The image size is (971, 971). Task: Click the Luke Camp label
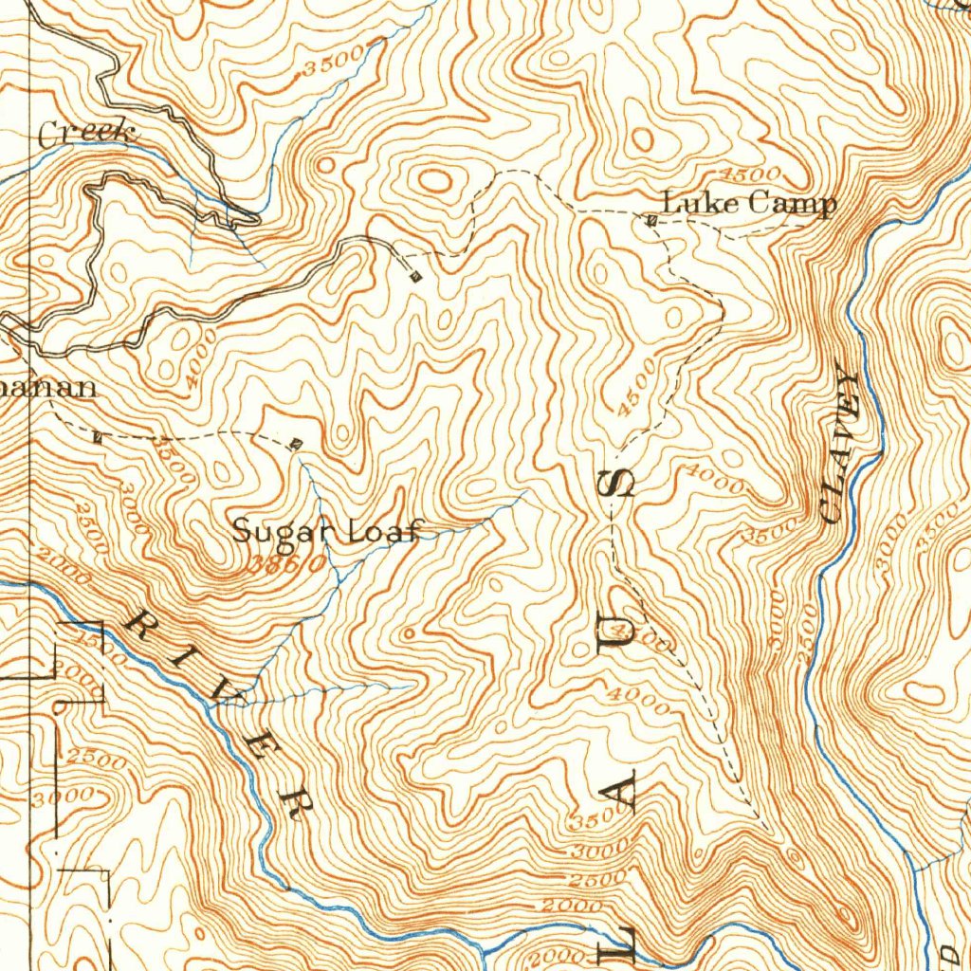748,203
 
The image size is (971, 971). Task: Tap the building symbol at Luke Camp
651,221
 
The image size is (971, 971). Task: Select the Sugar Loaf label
325,530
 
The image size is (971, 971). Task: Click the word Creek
84,135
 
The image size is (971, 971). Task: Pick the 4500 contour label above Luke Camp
750,174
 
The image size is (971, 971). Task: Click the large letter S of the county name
621,484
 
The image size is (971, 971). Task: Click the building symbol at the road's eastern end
415,276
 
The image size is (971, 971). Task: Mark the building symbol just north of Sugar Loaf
296,444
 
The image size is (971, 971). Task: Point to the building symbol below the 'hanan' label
98,437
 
